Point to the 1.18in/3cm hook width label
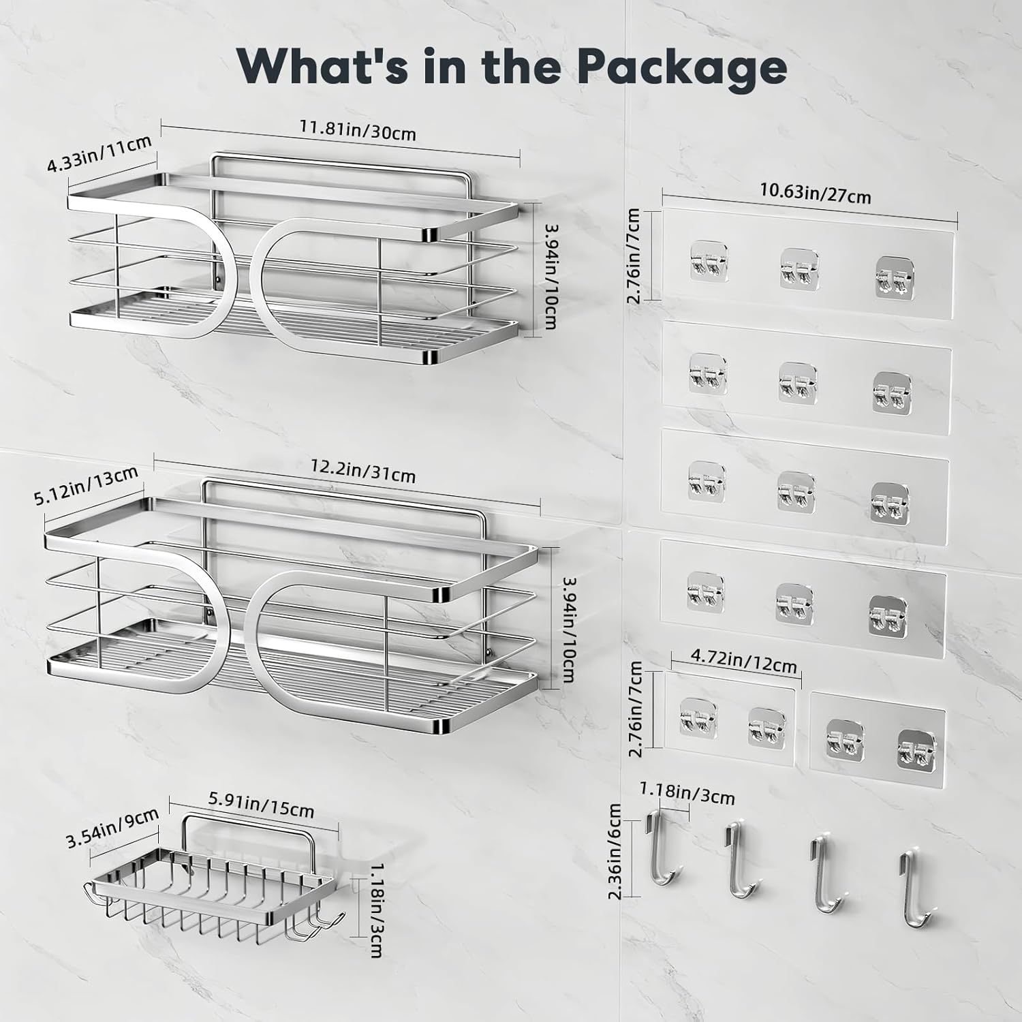(x=687, y=793)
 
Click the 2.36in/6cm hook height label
(x=615, y=851)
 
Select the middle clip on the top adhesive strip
(x=799, y=266)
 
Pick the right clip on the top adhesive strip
(x=893, y=277)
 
